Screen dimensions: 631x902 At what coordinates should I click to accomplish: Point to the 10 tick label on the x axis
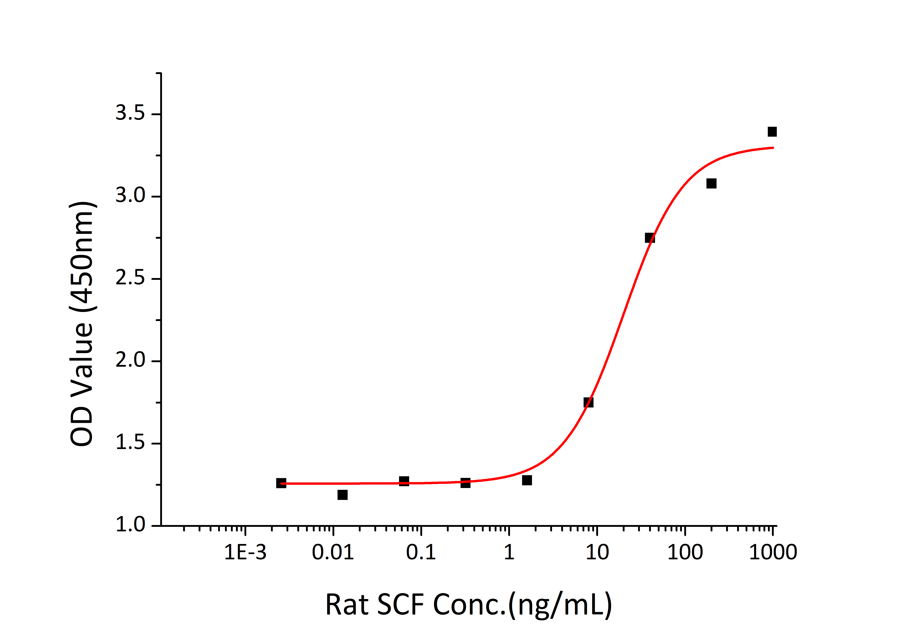[x=597, y=552]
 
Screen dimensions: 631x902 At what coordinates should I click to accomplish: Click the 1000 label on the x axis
[x=773, y=552]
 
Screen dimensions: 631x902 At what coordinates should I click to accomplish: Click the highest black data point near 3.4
[x=772, y=132]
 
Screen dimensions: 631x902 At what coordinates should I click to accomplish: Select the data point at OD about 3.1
[x=711, y=184]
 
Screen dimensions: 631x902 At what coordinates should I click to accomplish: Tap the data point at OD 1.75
[x=588, y=402]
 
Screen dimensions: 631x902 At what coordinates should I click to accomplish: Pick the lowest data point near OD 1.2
[x=343, y=495]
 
